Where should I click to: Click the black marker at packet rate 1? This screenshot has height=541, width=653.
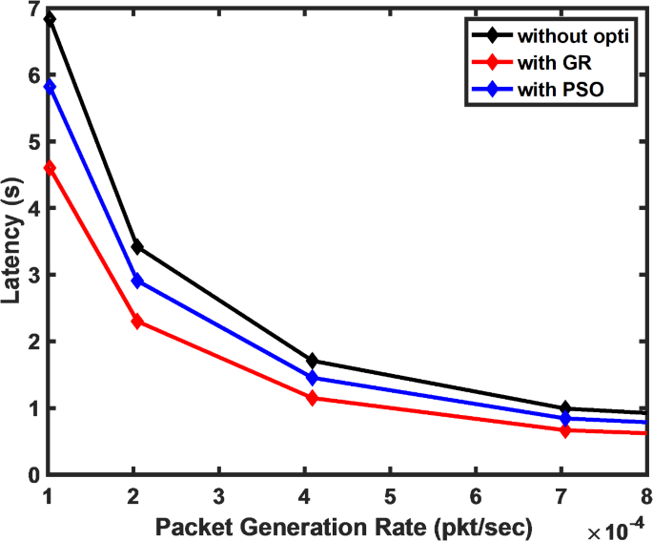click(50, 19)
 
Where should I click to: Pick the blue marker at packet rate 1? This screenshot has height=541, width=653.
click(50, 86)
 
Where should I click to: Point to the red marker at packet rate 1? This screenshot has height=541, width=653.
click(50, 168)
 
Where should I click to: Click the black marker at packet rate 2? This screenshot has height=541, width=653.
click(137, 247)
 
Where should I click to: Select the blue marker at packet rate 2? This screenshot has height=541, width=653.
click(137, 281)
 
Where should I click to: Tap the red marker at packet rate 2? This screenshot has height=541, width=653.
click(137, 322)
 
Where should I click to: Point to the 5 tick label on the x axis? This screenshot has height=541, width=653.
click(391, 496)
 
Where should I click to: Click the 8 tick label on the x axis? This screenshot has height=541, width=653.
click(645, 496)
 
